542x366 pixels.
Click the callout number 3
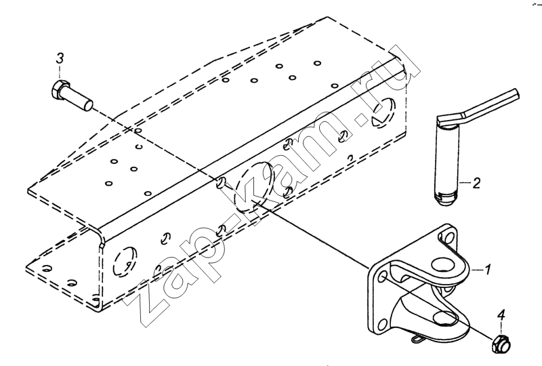(x=60, y=58)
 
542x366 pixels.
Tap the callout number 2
(x=476, y=184)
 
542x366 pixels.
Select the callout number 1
(x=487, y=270)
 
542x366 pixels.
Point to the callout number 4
(x=501, y=315)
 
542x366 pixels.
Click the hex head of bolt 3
(x=60, y=91)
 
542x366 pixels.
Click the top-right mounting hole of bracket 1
(x=449, y=238)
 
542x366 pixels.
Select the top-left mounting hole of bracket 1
(x=382, y=277)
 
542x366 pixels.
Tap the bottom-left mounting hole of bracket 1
(x=382, y=325)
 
